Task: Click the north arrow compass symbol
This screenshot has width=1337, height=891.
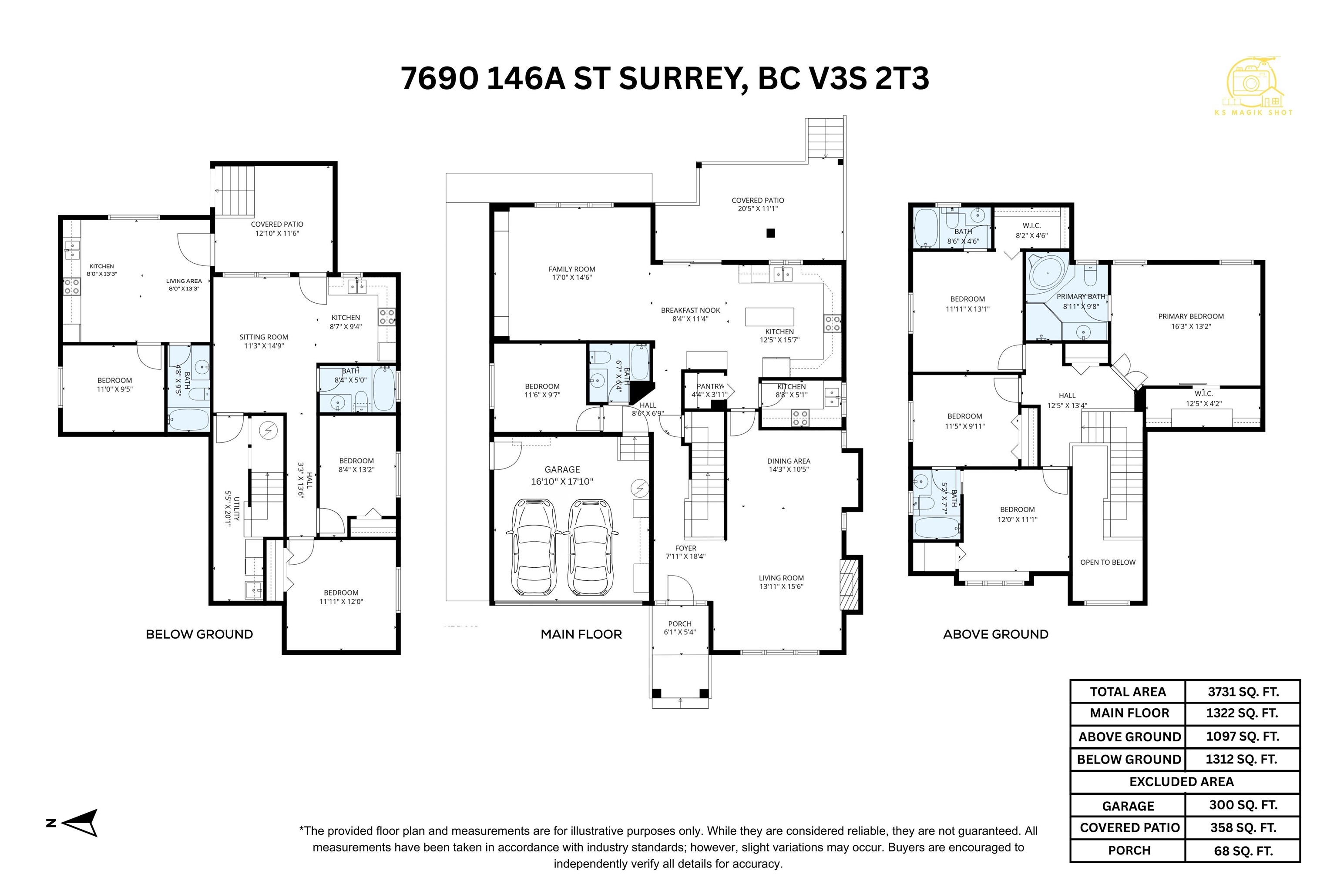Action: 80,823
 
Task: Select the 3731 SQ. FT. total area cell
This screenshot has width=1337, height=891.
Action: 1243,692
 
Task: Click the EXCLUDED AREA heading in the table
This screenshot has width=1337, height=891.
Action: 1181,782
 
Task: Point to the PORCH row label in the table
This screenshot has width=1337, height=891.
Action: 1129,851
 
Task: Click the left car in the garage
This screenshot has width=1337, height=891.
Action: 533,546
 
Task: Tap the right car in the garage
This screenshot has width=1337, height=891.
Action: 591,546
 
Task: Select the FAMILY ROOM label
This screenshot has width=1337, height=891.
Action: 572,269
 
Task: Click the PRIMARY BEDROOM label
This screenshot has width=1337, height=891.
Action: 1191,317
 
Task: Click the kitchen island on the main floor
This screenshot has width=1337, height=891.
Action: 769,317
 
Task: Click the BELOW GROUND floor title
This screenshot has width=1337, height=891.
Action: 199,634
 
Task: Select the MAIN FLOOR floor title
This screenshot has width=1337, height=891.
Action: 581,634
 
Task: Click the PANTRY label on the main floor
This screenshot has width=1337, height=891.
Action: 709,386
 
